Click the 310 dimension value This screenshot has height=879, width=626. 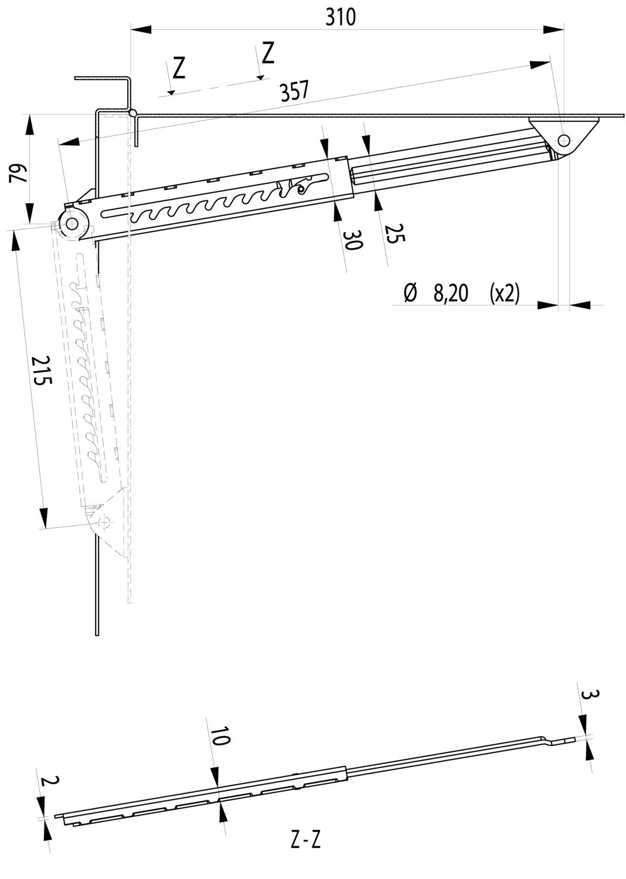tap(341, 17)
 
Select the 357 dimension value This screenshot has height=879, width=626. tap(294, 91)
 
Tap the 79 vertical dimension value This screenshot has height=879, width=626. tap(19, 173)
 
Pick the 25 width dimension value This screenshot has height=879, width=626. tap(394, 233)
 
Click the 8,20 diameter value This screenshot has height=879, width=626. tap(451, 293)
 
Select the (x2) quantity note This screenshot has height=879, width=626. tap(504, 293)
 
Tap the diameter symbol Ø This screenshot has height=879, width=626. tap(410, 293)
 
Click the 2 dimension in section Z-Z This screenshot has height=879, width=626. tap(51, 781)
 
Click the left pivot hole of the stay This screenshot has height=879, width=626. tap(73, 224)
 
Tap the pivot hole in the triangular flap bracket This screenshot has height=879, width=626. tap(564, 140)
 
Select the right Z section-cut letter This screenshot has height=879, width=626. tap(268, 53)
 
